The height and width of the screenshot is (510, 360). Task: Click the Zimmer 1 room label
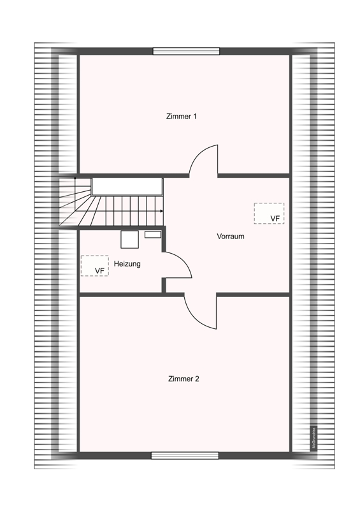tap(181, 117)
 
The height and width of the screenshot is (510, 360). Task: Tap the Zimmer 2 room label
tap(184, 379)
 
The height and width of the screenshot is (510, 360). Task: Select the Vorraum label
tap(230, 236)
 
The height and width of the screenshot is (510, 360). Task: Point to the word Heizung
tap(127, 264)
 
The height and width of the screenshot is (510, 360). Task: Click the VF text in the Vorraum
tap(275, 219)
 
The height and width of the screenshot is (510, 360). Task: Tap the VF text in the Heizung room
tap(99, 271)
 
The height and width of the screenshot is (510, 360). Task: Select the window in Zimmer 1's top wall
tap(186, 51)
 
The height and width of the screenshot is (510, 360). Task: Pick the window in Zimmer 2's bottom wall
tap(185, 455)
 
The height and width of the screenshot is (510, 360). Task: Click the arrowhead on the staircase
tap(161, 211)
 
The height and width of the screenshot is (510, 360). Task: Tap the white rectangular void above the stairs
tap(127, 186)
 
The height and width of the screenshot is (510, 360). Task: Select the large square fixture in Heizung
tap(130, 238)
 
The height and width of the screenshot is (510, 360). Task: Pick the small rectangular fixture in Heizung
tap(153, 235)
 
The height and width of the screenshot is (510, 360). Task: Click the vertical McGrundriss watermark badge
tap(313, 439)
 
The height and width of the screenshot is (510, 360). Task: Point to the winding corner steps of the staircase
tap(76, 203)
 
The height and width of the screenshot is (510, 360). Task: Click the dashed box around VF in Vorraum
tap(269, 213)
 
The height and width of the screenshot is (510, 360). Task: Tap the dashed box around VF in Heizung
tap(94, 265)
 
